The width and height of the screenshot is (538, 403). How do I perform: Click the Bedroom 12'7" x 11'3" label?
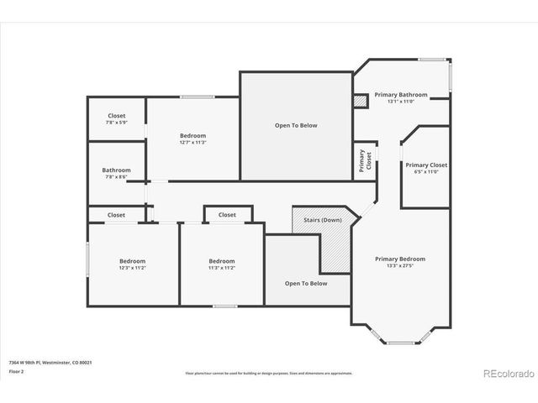coord(193,139)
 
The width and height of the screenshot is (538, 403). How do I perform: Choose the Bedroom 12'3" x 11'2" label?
coord(132,264)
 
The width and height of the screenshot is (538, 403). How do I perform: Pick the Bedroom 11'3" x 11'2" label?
coord(222,264)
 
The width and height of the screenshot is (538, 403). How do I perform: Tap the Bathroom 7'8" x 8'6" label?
coord(116,172)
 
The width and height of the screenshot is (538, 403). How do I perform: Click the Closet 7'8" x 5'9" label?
coord(116,119)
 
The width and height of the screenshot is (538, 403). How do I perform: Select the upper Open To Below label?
coord(296,125)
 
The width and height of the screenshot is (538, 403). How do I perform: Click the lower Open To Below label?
coord(305,283)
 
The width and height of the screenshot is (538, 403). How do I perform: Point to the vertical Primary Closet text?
coord(363,160)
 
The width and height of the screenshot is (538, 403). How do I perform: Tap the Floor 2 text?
coord(17,370)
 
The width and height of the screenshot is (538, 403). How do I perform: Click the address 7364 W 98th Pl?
coord(50,362)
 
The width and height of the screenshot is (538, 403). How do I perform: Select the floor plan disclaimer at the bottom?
coord(269,371)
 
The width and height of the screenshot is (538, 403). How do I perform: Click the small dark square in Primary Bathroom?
coord(361,101)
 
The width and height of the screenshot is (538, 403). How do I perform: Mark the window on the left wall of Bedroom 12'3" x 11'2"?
coord(87,259)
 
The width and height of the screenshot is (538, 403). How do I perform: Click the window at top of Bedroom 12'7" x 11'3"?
coord(197,97)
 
